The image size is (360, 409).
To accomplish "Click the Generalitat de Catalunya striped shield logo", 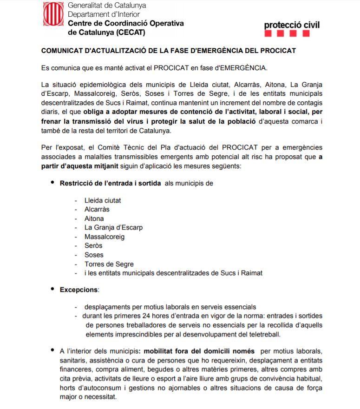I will [x=52, y=14].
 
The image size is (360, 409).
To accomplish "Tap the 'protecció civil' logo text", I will [x=292, y=25].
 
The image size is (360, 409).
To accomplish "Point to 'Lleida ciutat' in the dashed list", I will [x=103, y=200].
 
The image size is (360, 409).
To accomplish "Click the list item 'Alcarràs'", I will [x=97, y=209].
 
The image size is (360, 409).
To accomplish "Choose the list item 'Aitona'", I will [x=94, y=218].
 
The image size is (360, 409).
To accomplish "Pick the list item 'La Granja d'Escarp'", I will [x=113, y=227].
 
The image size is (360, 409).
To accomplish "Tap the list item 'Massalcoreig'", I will [x=105, y=237].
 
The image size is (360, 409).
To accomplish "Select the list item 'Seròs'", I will [x=93, y=245].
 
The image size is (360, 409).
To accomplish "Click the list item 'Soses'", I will [x=94, y=255].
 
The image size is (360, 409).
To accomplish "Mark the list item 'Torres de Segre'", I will [x=109, y=264].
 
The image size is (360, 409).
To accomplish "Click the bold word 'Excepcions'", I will [x=79, y=290].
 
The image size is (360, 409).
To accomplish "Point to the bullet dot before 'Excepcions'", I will [x=52, y=289].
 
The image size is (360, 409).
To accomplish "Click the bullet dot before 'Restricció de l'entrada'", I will [x=52, y=183].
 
